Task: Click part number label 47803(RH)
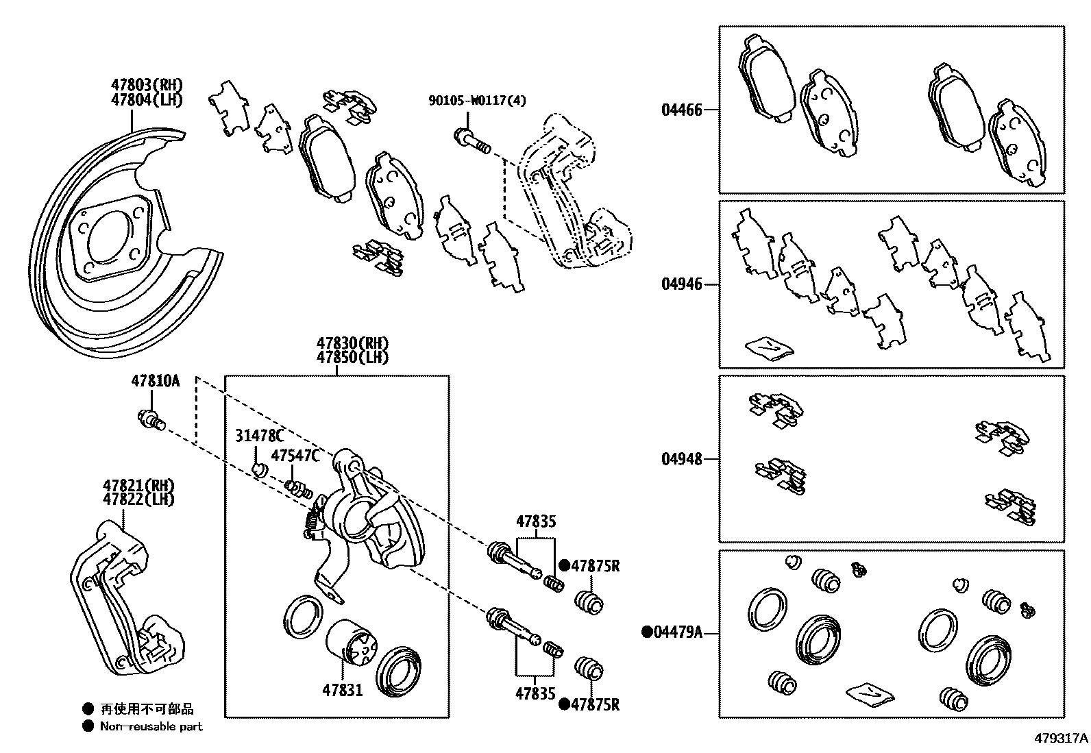[x=147, y=85]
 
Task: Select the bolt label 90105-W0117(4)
[x=478, y=101]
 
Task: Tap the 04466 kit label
[x=681, y=110]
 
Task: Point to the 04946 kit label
[x=681, y=284]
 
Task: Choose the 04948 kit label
[x=681, y=459]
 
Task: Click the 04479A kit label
[x=676, y=632]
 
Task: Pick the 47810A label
[x=155, y=381]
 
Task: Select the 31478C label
[x=259, y=436]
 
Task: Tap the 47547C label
[x=295, y=456]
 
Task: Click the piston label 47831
[x=343, y=690]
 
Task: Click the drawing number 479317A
[x=1061, y=739]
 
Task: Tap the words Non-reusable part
[x=151, y=726]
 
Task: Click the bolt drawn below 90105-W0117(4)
[x=471, y=141]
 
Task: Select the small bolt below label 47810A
[x=151, y=419]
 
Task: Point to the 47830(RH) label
[x=352, y=343]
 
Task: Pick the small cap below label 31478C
[x=258, y=470]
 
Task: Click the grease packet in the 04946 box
[x=770, y=347]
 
